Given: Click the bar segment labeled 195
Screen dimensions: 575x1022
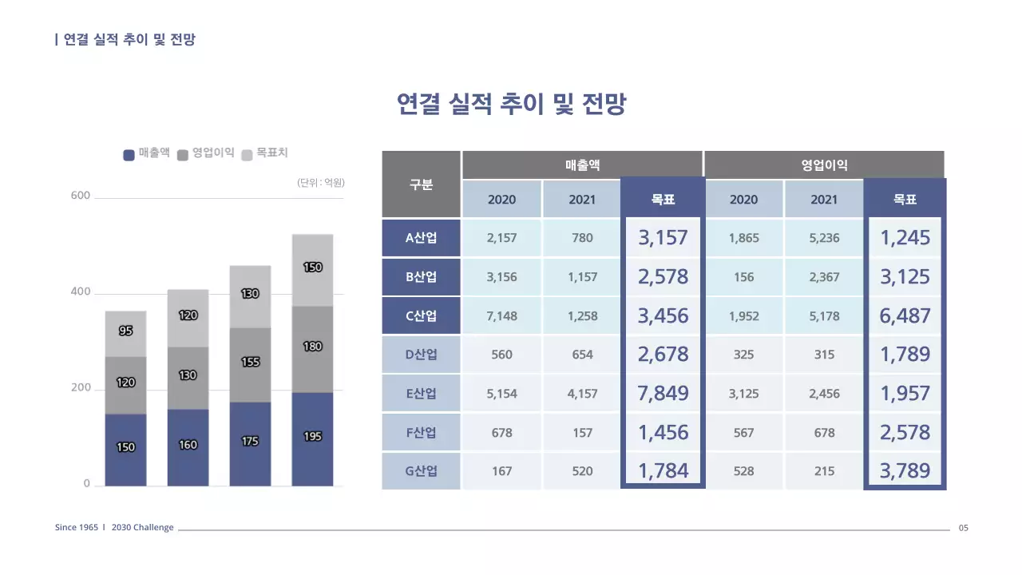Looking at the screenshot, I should pos(312,438).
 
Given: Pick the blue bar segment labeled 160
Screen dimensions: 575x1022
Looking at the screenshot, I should pos(188,446).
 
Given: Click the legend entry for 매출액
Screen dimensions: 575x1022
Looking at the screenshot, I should pos(147,153).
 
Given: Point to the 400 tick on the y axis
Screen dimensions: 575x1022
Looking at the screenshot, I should pos(81,292).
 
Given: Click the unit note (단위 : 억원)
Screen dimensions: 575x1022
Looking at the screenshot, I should pos(320,183).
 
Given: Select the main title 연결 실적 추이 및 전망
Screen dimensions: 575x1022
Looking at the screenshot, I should pos(511,105).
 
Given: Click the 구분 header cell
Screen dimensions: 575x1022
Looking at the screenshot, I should pos(422,184).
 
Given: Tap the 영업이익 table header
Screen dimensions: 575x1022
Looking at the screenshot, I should pos(824,165).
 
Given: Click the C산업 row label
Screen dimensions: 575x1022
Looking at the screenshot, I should pos(422,315).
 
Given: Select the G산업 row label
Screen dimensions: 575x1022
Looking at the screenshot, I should pos(422,471).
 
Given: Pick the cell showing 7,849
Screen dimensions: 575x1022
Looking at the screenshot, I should pos(663,393).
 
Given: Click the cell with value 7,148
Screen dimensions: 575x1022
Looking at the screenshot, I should pos(501,315).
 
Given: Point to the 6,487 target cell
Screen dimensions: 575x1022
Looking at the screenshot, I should pos(905,315).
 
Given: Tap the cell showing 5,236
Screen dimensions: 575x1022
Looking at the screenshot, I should pos(824,238).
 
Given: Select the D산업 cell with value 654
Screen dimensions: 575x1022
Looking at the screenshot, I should pos(582,355).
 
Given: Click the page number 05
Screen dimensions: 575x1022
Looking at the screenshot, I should pos(963,528).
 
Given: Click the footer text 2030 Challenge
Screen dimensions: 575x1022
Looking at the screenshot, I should pos(142,528).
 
